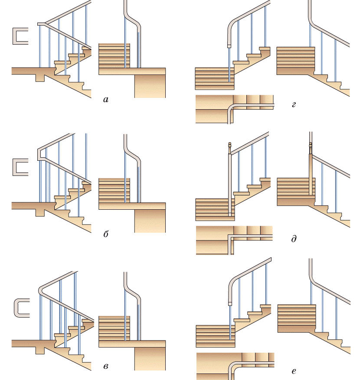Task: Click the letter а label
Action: click(106, 99)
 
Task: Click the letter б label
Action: click(106, 234)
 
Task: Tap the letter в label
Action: click(106, 366)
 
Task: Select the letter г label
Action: click(294, 104)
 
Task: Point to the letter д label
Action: click(294, 239)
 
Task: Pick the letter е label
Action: click(294, 371)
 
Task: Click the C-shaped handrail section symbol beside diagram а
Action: click(20, 36)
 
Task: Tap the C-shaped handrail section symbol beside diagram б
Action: click(20, 167)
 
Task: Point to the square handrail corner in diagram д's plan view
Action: click(230, 236)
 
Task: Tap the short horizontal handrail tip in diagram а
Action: click(41, 24)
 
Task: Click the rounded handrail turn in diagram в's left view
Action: click(41, 290)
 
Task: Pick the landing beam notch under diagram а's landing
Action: click(40, 78)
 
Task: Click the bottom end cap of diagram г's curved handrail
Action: click(229, 46)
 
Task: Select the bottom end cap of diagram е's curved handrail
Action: click(230, 304)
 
